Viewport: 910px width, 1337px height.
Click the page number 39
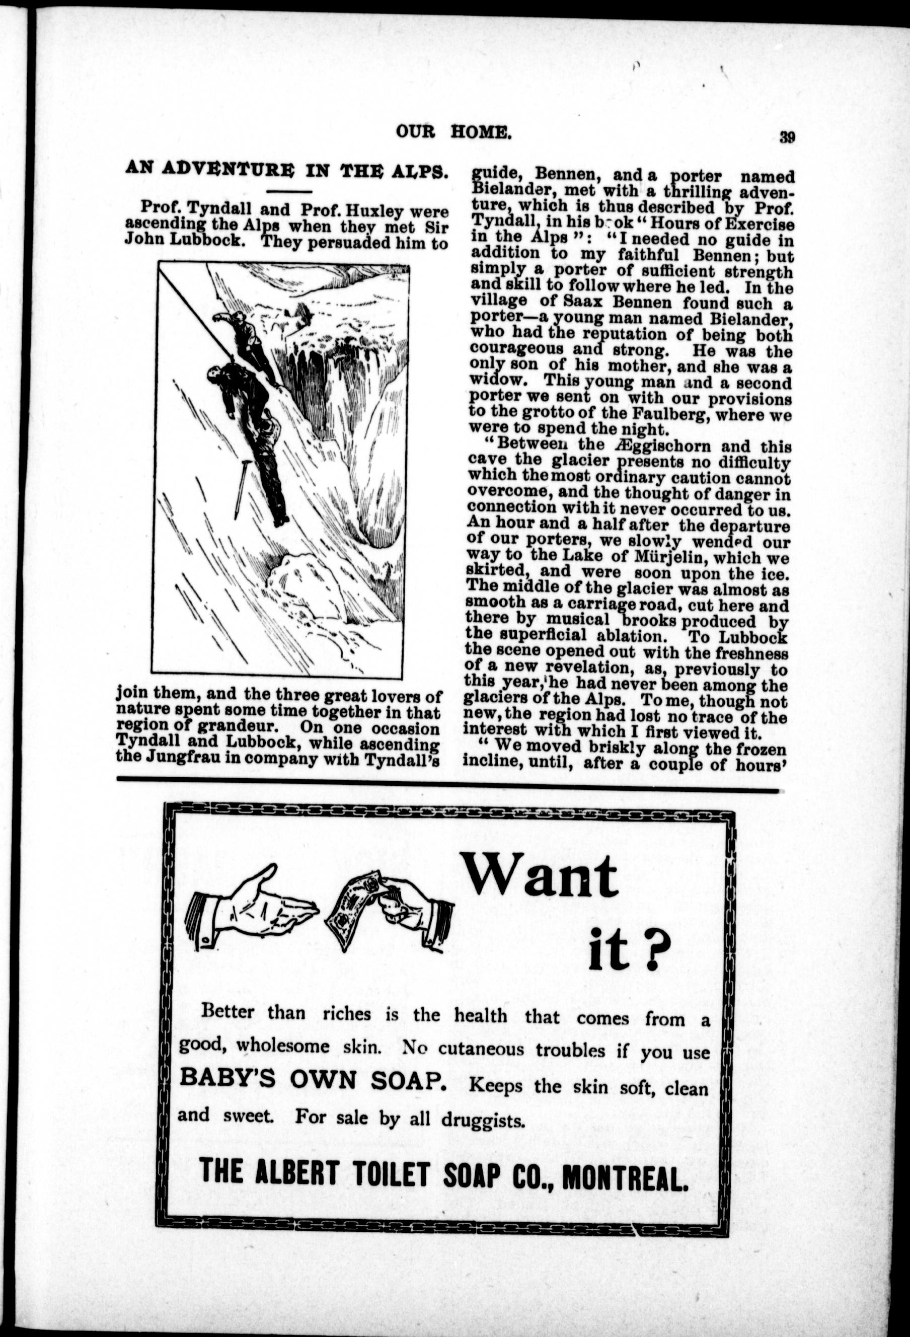(787, 137)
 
